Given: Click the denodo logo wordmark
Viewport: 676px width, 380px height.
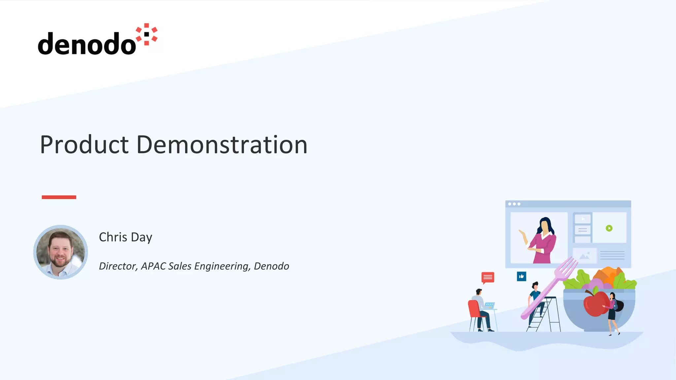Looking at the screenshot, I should click(86, 44).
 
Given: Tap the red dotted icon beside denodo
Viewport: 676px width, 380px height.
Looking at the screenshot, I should click(147, 34).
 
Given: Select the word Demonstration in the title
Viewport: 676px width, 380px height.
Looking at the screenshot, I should click(222, 145).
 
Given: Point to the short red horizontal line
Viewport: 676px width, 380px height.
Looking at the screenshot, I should click(59, 197).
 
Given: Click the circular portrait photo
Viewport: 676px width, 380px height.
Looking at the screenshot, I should click(60, 252).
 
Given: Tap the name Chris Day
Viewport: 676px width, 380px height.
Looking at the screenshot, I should click(125, 237).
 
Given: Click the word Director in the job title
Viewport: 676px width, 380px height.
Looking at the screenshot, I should click(118, 266).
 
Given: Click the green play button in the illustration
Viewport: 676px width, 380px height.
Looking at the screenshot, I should click(609, 228).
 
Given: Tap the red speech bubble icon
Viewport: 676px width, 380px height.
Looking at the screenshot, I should click(488, 277).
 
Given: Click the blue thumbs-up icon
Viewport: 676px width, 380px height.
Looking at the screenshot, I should click(522, 276).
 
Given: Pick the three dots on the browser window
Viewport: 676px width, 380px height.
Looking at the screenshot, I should click(514, 204).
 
